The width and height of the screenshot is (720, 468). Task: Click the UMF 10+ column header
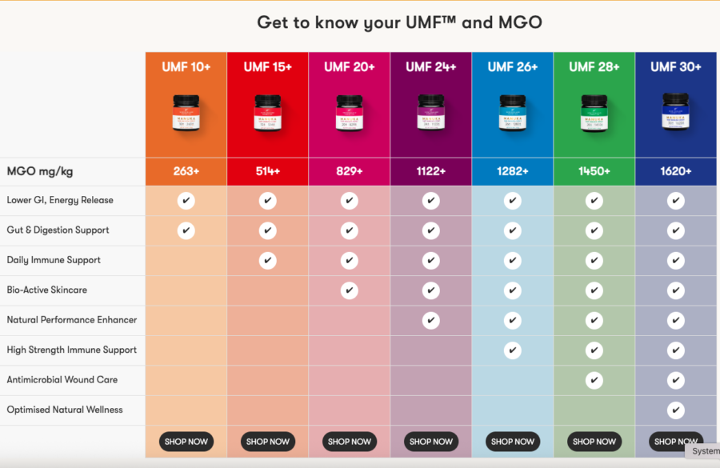(186, 67)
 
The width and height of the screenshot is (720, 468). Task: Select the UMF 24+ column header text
(430, 67)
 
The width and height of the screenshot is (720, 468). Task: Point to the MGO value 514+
(267, 171)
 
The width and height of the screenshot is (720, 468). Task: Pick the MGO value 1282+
(512, 171)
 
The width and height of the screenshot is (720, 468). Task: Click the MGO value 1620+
(676, 171)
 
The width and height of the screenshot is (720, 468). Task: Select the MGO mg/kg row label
(40, 171)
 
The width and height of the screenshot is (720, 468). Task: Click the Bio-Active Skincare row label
(47, 290)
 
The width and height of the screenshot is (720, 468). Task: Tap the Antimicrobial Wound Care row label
(62, 380)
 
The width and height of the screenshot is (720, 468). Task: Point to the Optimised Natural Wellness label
(65, 410)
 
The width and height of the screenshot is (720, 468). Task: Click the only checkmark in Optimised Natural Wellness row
(676, 410)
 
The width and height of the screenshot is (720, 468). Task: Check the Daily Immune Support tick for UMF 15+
(267, 261)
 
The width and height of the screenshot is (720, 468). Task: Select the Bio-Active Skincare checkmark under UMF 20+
(349, 290)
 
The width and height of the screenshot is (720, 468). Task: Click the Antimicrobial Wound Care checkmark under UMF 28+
(594, 380)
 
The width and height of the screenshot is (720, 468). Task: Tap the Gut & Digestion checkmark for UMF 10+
(186, 230)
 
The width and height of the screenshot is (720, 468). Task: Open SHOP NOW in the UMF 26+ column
(512, 442)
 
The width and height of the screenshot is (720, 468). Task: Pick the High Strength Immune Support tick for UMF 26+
(512, 350)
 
